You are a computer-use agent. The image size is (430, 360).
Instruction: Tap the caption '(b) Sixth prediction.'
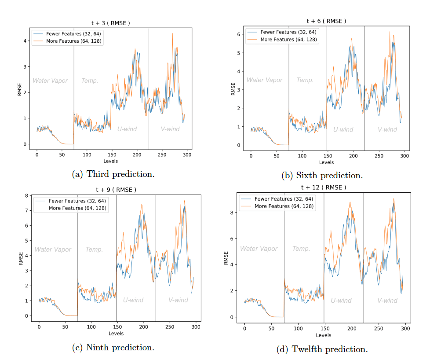(x=322, y=176)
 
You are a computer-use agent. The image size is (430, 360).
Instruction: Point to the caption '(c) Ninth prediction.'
(x=113, y=347)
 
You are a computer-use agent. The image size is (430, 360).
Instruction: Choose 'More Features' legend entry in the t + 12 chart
(x=284, y=206)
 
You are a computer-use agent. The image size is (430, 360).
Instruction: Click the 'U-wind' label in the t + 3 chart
(x=127, y=129)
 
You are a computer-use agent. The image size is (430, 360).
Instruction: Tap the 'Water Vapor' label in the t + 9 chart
(x=53, y=250)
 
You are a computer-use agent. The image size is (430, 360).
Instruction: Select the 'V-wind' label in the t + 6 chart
(x=387, y=129)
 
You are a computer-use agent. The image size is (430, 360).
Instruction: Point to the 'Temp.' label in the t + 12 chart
(x=301, y=249)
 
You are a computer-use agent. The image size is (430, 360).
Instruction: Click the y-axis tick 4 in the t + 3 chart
(x=26, y=41)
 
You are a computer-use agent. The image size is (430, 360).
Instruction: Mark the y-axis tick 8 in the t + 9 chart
(x=26, y=195)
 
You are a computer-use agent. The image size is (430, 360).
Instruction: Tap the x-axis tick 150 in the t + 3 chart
(x=112, y=155)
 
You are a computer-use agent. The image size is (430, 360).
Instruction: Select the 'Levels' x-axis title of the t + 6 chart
(x=326, y=162)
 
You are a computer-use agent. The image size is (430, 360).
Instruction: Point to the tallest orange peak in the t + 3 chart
(x=172, y=34)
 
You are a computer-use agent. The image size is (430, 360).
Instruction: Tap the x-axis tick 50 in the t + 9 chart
(x=65, y=327)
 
